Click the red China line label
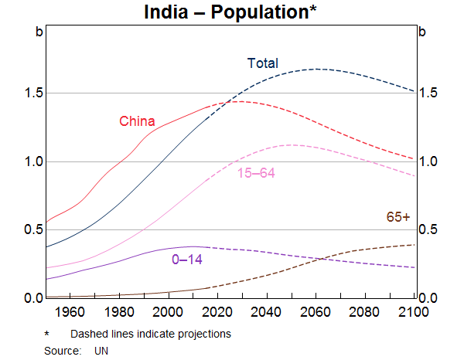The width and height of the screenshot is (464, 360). tap(137, 121)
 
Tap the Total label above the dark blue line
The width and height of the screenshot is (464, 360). tap(262, 63)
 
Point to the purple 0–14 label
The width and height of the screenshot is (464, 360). tap(186, 260)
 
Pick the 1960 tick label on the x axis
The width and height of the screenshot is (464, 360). tap(70, 312)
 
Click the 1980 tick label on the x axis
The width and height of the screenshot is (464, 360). tap(119, 312)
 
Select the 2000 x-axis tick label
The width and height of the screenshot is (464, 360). tap(168, 312)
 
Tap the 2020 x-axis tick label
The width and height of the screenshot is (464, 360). tap(217, 312)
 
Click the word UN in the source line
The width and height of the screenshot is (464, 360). tap(102, 350)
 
